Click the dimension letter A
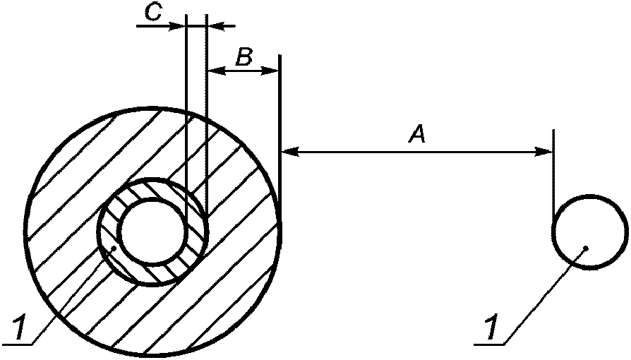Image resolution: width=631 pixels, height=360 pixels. point(417,134)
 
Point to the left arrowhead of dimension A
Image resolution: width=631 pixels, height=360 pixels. point(287,150)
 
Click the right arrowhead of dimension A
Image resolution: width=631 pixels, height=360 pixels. point(546,150)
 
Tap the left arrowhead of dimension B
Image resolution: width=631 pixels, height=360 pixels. point(215,70)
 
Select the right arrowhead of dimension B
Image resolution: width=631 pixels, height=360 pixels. point(273,70)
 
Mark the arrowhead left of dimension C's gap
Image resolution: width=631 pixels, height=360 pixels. point(179,26)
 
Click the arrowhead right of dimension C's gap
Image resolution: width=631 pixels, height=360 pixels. point(215,26)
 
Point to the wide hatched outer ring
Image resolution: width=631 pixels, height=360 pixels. point(71,176)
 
